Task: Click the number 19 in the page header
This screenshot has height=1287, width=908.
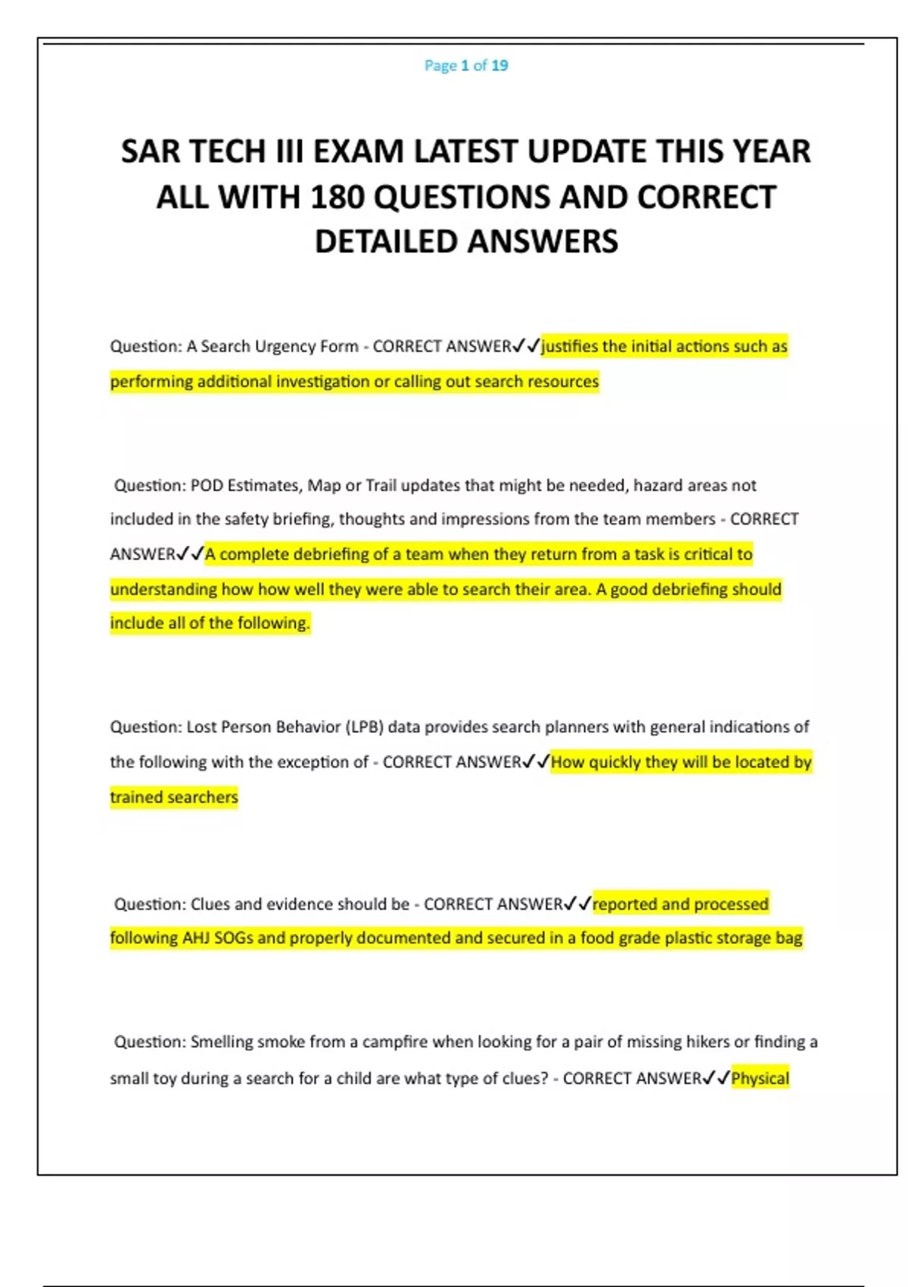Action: coord(499,66)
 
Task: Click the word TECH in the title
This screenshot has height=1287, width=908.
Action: coord(245,151)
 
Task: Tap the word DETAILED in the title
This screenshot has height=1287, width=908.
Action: coord(386,242)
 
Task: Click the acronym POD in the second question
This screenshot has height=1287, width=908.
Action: coord(207,485)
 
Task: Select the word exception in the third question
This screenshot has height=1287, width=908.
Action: coord(313,762)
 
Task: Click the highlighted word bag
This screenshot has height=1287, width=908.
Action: coord(788,939)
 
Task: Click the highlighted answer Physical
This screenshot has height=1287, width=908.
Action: coord(760,1078)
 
